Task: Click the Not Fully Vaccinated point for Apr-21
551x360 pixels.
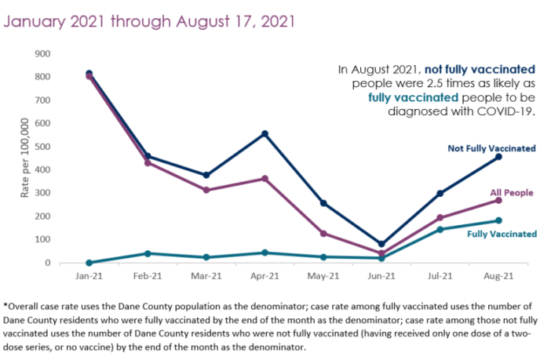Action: tap(265, 134)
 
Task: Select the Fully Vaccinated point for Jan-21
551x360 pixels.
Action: tap(89, 263)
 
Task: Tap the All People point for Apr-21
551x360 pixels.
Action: tap(265, 179)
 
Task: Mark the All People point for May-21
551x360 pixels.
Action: tap(323, 234)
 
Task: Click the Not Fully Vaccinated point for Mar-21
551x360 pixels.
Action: tap(206, 175)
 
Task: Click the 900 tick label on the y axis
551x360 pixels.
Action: tap(43, 54)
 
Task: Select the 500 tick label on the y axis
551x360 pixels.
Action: tap(43, 147)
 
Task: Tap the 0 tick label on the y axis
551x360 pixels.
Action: tap(48, 263)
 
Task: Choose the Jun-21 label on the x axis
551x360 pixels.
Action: tap(381, 277)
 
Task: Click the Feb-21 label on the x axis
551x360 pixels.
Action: tap(148, 277)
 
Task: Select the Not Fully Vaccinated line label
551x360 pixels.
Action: tap(491, 148)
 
